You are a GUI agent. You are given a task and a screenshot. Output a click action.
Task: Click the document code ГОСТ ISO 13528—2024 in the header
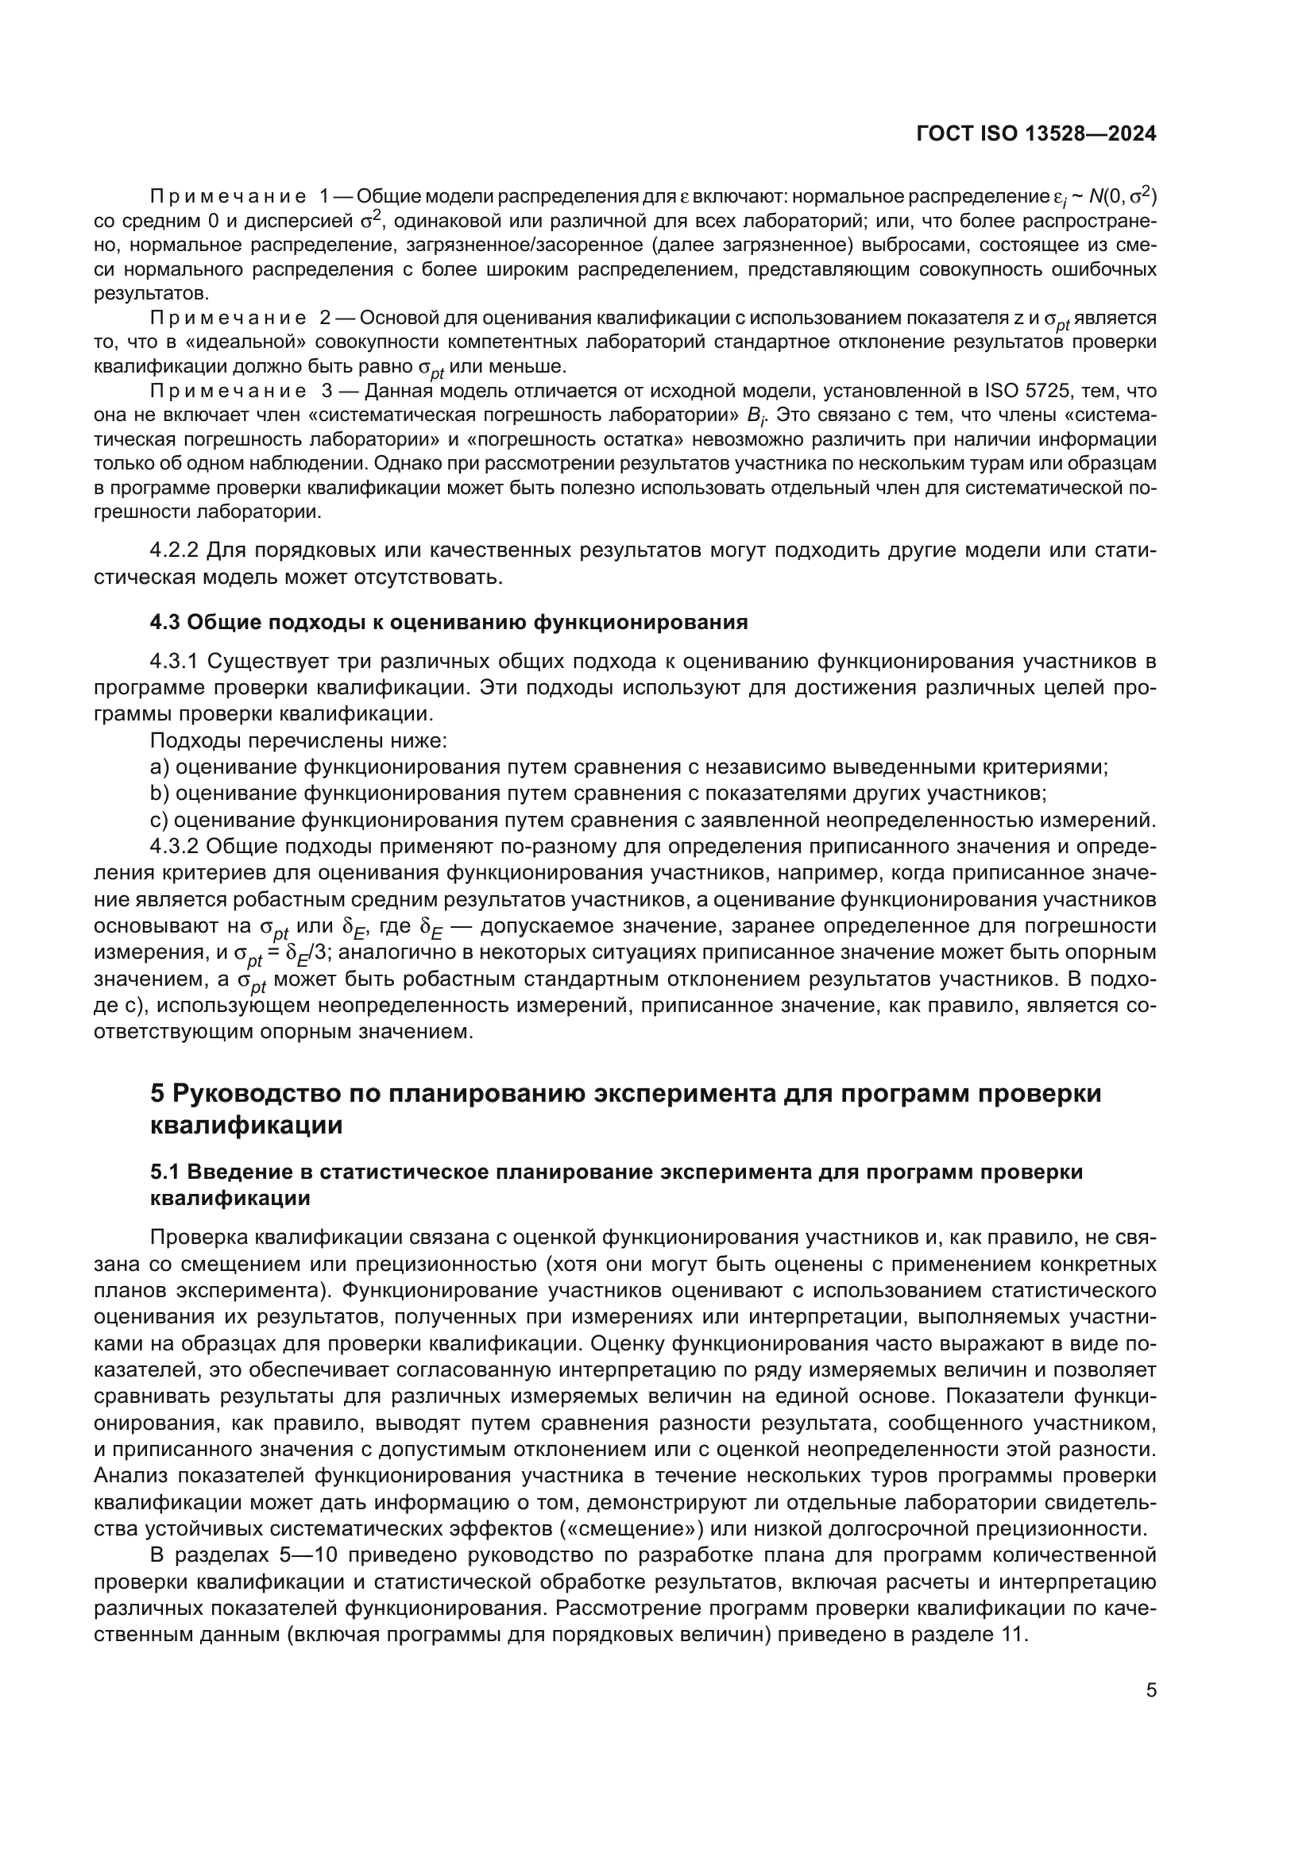tap(1037, 134)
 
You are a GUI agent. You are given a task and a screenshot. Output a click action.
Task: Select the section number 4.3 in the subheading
tap(165, 622)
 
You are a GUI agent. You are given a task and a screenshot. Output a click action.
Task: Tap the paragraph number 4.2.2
tap(174, 551)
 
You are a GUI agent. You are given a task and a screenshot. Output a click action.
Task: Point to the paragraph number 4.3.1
tap(174, 662)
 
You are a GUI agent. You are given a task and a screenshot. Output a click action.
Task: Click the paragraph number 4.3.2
tap(174, 847)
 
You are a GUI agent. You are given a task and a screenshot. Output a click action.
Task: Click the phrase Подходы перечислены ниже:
tap(299, 741)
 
